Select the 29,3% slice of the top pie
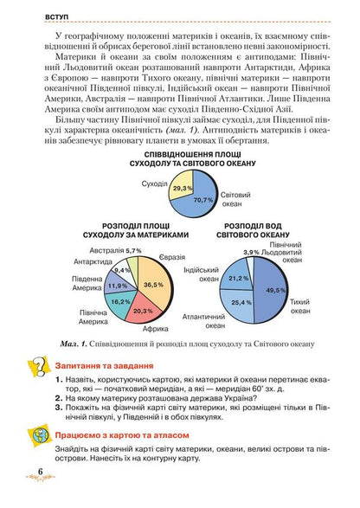click(x=183, y=188)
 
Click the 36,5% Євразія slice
click(x=153, y=283)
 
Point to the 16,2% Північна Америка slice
click(x=120, y=302)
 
